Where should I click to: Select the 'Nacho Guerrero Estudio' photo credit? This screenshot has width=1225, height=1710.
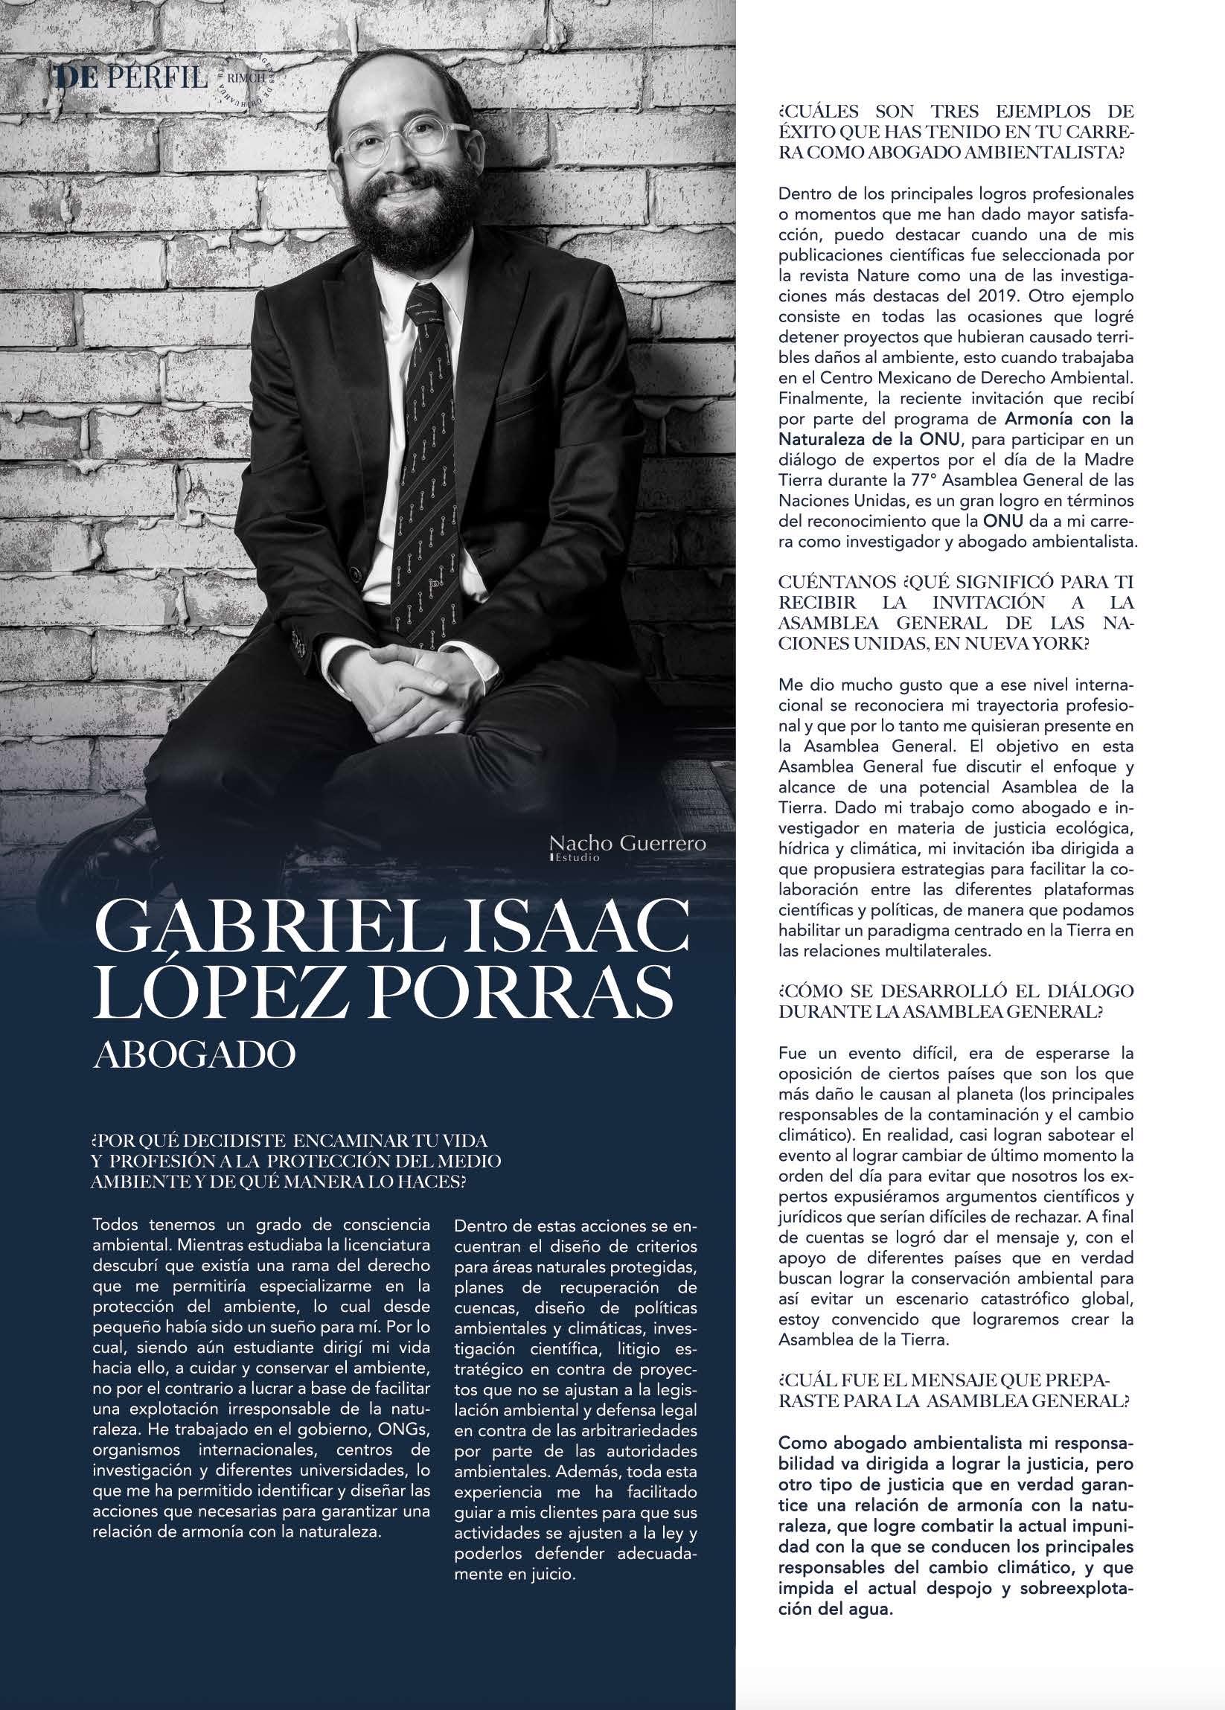point(627,847)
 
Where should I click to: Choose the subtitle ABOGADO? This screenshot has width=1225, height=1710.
point(193,1054)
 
